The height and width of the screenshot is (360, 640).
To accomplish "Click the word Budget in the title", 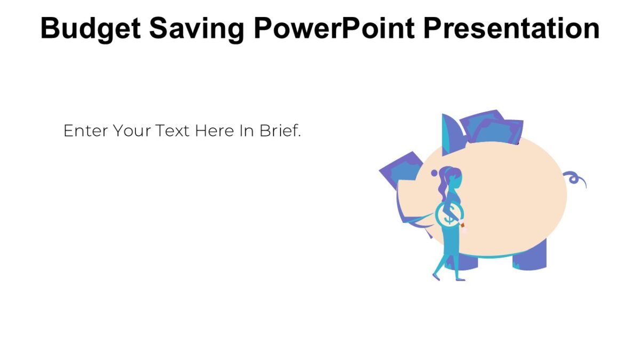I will click(90, 28).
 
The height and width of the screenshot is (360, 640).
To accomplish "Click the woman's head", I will click(454, 178).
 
